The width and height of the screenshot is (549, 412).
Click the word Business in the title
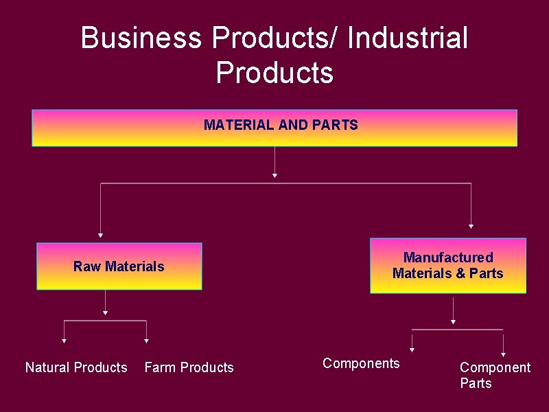click(141, 38)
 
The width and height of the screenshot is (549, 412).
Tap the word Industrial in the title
click(408, 38)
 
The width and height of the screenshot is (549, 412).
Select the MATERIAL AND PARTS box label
click(281, 125)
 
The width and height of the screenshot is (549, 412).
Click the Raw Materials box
click(119, 266)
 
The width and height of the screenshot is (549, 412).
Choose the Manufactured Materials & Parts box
click(447, 266)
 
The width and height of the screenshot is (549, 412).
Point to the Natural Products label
click(76, 367)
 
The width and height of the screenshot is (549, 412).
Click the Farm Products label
click(189, 367)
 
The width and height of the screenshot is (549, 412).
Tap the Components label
click(361, 363)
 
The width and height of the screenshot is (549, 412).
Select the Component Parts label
click(495, 375)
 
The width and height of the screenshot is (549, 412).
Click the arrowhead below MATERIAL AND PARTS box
click(274, 176)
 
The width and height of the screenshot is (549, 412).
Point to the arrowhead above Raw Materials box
click(100, 235)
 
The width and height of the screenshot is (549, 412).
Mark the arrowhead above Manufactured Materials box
click(471, 226)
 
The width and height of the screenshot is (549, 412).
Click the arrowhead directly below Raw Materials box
click(105, 312)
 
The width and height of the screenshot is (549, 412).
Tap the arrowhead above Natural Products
click(64, 341)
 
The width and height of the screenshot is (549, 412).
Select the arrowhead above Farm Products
click(147, 341)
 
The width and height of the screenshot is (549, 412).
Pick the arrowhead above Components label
click(412, 350)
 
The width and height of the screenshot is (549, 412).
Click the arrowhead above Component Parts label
click(503, 354)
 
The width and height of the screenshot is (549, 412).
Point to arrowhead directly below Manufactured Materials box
click(453, 321)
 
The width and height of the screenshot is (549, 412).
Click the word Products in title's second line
click(274, 72)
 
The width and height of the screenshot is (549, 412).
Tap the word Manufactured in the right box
click(448, 257)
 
